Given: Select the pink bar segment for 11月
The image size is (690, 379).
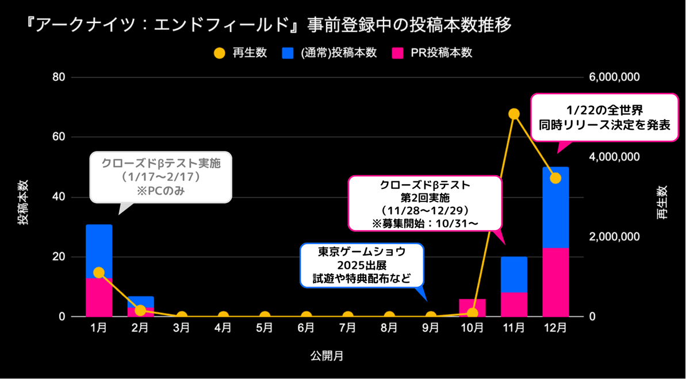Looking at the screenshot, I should tap(514, 304).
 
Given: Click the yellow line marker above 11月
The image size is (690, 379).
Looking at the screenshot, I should tap(514, 114).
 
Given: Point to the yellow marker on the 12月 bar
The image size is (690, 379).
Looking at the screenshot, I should tap(555, 178).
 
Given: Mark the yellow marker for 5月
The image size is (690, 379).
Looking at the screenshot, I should tap(264, 316).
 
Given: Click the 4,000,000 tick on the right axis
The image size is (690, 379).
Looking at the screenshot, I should tap(614, 157).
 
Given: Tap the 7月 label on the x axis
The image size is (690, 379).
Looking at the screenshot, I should tap(348, 328).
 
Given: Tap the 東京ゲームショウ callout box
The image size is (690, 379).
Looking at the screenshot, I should tap(362, 265).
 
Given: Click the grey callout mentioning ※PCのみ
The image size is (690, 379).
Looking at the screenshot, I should tap(161, 177).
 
